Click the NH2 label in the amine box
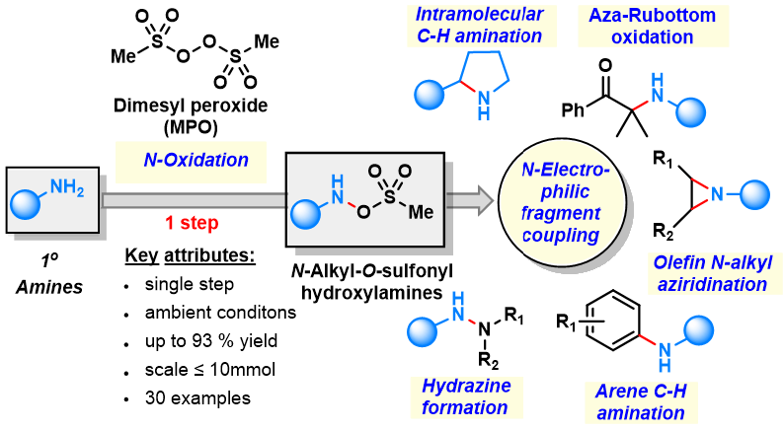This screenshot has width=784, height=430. (x=67, y=187)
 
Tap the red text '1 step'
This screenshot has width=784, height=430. (x=192, y=223)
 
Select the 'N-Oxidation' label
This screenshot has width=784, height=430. (x=196, y=160)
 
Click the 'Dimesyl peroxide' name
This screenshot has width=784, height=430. (x=191, y=106)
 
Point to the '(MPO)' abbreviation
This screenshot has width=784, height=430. (x=191, y=127)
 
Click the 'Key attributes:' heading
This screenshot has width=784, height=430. (x=190, y=255)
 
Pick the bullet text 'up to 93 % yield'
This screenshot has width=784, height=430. (x=211, y=341)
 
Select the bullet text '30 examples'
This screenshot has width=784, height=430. (x=198, y=398)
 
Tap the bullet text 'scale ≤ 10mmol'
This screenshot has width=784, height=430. (x=210, y=370)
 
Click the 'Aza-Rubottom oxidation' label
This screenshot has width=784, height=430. (x=653, y=26)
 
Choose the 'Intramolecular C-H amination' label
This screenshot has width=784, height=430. (x=480, y=25)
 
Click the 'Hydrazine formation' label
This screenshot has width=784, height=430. (x=466, y=396)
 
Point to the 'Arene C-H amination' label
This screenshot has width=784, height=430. (x=641, y=402)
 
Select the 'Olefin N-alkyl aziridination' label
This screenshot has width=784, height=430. (x=713, y=273)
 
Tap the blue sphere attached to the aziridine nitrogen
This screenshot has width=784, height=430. (x=754, y=194)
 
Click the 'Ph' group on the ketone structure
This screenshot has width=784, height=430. (x=573, y=109)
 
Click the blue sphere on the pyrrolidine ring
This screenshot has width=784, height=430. (x=430, y=94)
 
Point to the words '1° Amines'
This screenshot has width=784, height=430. (x=49, y=274)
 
